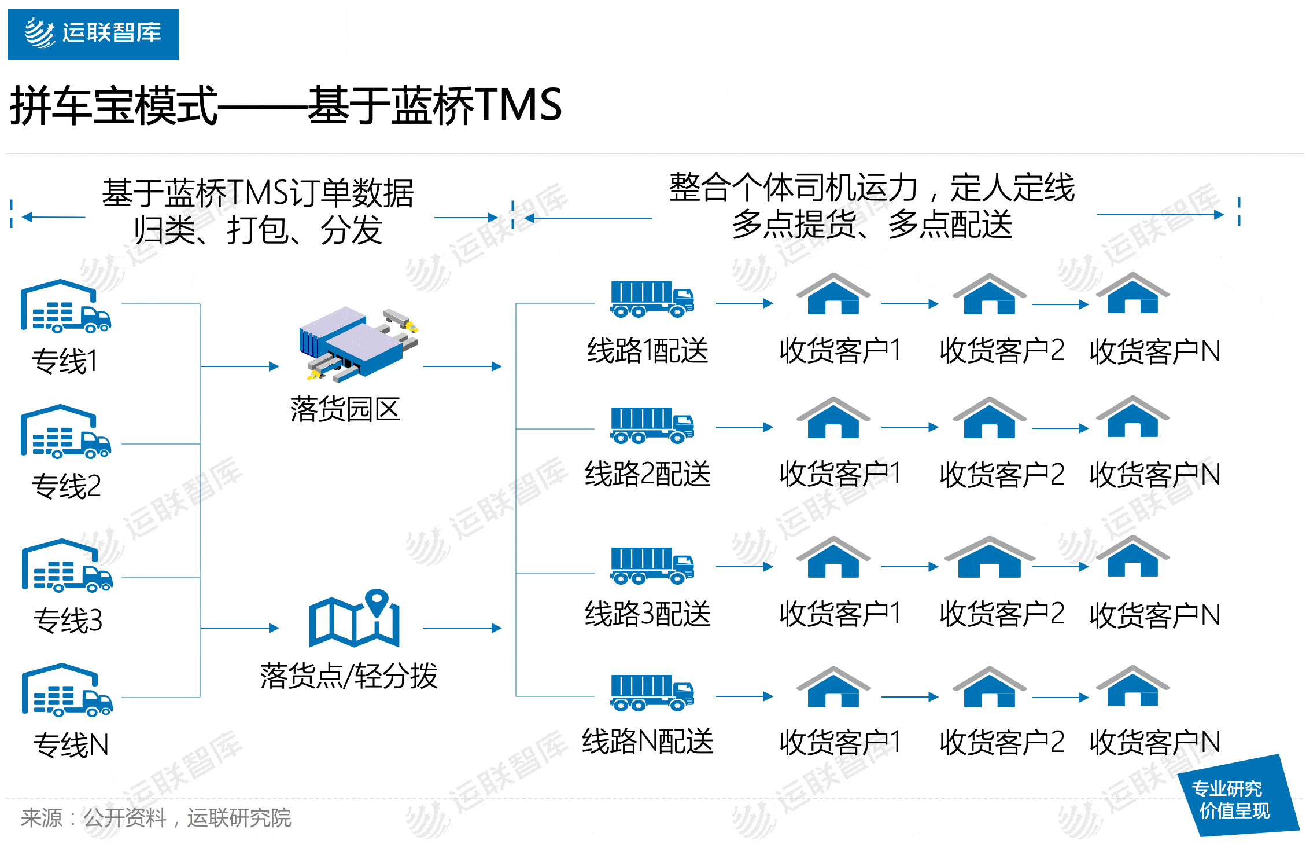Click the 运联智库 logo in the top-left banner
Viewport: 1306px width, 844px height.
[93, 34]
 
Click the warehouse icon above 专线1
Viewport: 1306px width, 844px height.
[65, 307]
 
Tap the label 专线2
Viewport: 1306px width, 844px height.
[66, 486]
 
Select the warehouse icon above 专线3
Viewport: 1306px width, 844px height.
[67, 566]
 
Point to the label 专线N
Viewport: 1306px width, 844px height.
[71, 744]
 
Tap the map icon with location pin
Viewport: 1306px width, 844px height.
[354, 619]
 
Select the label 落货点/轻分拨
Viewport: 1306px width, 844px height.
[349, 676]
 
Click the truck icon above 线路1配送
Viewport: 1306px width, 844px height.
[651, 299]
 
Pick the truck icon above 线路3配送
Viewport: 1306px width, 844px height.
[651, 565]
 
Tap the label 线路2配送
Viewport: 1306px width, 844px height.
[647, 474]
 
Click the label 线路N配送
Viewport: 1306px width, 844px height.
[647, 742]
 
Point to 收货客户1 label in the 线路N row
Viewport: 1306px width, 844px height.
[840, 742]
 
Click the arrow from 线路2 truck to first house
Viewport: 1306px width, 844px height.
[744, 427]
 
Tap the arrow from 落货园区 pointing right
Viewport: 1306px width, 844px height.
[462, 366]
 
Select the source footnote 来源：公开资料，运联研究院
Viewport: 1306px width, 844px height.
[156, 818]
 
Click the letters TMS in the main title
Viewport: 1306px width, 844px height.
[518, 105]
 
